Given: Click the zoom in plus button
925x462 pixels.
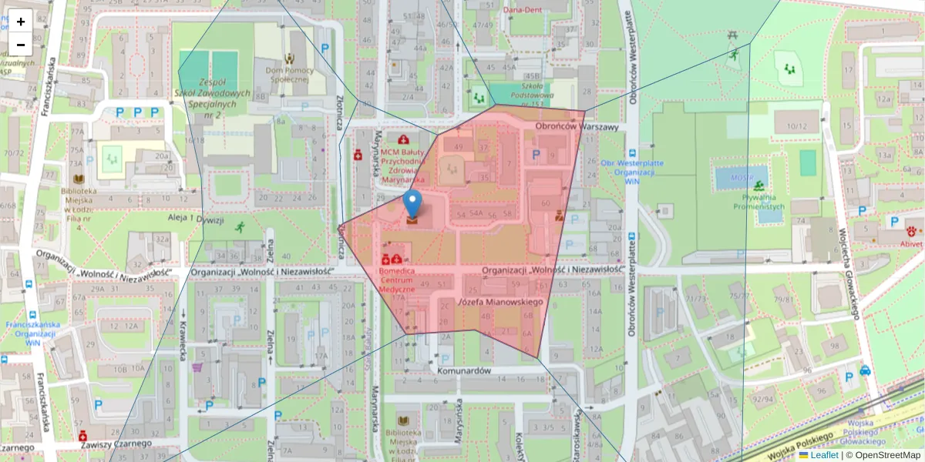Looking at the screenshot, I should [x=21, y=22].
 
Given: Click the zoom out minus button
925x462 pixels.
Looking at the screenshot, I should [x=21, y=45].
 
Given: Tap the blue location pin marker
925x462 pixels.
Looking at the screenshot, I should [x=412, y=204].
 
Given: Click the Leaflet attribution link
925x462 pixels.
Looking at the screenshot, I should [x=824, y=455].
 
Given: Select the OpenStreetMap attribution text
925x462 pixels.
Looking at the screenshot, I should [x=887, y=455].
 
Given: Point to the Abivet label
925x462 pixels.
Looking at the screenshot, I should [x=906, y=243].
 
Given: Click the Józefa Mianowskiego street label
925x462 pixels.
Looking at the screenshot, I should [x=501, y=302].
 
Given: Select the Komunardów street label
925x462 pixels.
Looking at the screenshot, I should [x=463, y=370].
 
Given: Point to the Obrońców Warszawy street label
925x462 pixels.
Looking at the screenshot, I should [x=577, y=127].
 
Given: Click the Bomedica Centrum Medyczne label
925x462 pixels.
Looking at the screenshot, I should [x=397, y=280].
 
